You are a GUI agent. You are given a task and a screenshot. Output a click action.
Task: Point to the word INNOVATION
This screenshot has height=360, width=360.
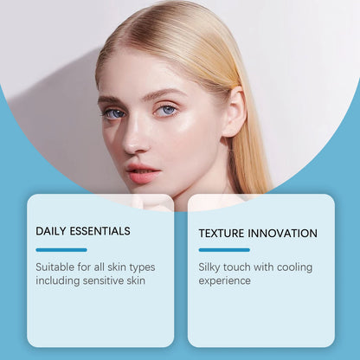pyautogui.click(x=286, y=233)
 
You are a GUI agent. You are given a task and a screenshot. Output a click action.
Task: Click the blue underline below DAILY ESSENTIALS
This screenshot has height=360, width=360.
pyautogui.click(x=61, y=250)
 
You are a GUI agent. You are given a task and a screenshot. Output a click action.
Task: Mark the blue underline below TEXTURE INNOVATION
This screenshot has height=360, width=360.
pyautogui.click(x=223, y=250)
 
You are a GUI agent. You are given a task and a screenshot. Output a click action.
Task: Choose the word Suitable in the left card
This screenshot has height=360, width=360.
pyautogui.click(x=55, y=267)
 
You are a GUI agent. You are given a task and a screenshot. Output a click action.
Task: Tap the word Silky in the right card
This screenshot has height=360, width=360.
pyautogui.click(x=212, y=267)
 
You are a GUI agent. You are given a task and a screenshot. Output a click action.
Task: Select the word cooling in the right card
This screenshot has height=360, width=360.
pyautogui.click(x=295, y=267)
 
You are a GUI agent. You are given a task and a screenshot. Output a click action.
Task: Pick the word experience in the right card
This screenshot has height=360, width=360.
pyautogui.click(x=225, y=280)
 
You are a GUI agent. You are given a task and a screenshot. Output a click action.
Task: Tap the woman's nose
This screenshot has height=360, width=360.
pyautogui.click(x=136, y=137)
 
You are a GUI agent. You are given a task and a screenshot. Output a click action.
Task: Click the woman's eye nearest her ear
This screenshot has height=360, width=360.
pyautogui.click(x=167, y=110)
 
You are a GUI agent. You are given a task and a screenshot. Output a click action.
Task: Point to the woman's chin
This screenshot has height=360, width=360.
pyautogui.click(x=149, y=195)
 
